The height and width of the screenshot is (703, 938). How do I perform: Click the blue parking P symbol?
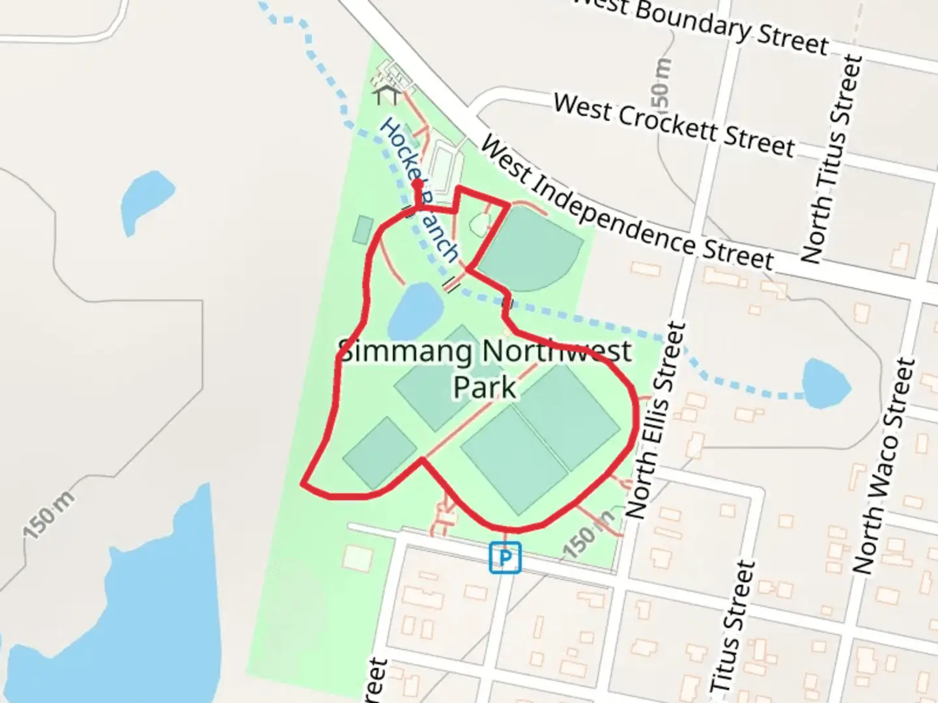coord(505,558)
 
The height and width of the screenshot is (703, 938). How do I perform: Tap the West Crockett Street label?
coord(674,126)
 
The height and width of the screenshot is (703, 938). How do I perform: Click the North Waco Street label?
coord(884,466)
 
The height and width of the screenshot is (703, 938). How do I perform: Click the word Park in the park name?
coord(485,387)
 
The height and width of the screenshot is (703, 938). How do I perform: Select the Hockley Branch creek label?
coord(418,189)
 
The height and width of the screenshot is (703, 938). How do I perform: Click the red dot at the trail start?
coord(417,185)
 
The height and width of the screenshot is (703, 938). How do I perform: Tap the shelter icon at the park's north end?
coord(386,95)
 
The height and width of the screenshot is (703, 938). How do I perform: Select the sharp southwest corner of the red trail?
coord(303,484)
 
